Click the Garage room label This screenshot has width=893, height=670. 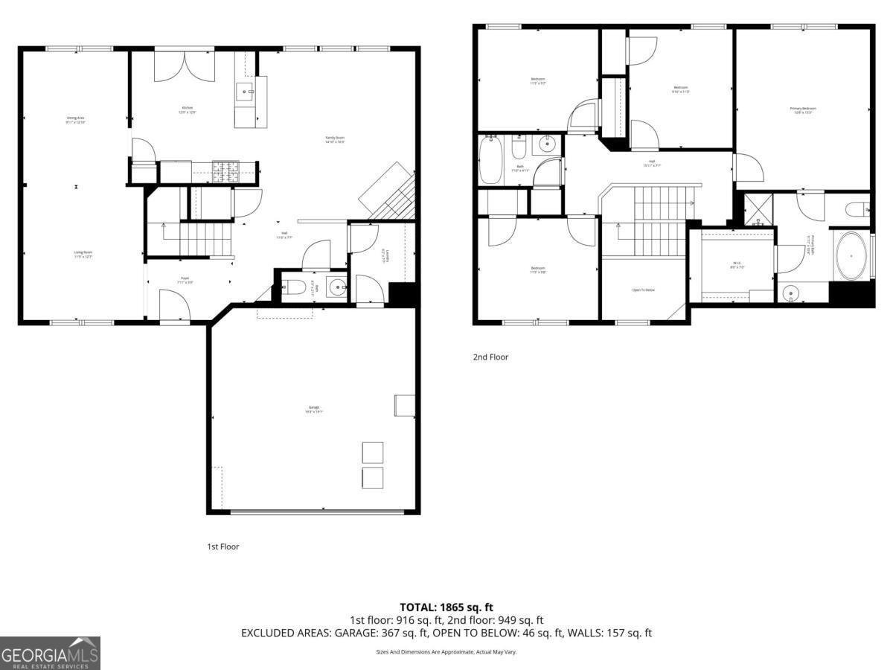pyautogui.click(x=315, y=408)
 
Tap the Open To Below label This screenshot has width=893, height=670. pyautogui.click(x=643, y=290)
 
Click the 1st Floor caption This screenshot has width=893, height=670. pyautogui.click(x=223, y=546)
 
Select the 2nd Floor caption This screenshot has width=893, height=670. pyautogui.click(x=490, y=357)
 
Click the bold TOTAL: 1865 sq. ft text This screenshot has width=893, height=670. pyautogui.click(x=446, y=607)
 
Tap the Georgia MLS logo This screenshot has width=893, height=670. pyautogui.click(x=50, y=653)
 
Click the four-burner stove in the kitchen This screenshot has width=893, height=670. pyautogui.click(x=224, y=172)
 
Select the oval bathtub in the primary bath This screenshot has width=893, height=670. pyautogui.click(x=851, y=256)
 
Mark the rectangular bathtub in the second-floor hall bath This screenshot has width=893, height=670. pyautogui.click(x=491, y=159)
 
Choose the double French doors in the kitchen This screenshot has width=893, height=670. pyautogui.click(x=185, y=66)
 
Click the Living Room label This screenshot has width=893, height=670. pyautogui.click(x=83, y=254)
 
